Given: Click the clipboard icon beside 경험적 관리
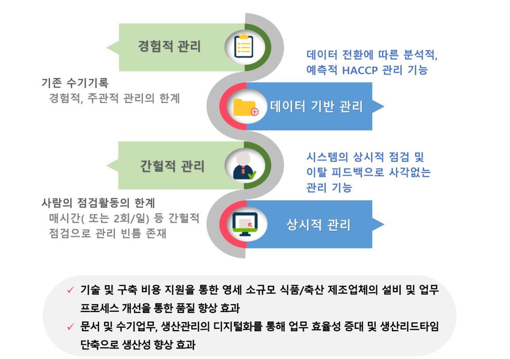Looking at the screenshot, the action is (244, 46).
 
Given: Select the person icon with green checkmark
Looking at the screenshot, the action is (244, 166).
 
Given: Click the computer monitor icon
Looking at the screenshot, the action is (245, 224).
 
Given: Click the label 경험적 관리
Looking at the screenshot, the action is (169, 46).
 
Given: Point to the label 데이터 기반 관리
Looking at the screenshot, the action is (316, 106).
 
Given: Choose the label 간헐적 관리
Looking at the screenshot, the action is (172, 166).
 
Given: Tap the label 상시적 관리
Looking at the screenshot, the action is (318, 225).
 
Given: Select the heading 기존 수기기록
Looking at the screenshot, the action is (75, 83).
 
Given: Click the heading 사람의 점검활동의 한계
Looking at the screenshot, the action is (98, 203).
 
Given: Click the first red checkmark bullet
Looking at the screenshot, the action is (70, 289).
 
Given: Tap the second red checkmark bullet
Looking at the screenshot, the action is (70, 326).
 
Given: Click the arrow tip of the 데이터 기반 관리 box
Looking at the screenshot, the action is (384, 106).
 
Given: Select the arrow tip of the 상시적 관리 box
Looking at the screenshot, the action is (384, 224).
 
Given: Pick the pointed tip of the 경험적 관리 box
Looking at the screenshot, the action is (106, 47).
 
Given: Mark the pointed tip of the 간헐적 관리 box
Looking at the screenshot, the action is (106, 165).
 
